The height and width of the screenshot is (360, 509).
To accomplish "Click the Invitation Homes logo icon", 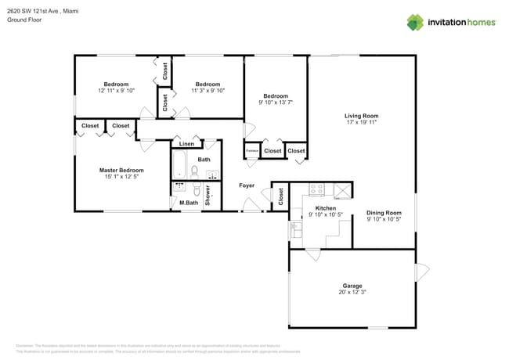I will [x=415, y=22].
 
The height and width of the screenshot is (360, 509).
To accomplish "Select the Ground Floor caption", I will [x=23, y=20].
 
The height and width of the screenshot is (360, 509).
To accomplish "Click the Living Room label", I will [x=361, y=116].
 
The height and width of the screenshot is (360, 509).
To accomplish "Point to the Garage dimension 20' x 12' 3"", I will [x=352, y=292].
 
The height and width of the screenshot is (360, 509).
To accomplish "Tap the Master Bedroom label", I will [x=121, y=170].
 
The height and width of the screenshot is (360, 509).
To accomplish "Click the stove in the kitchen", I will [x=317, y=189].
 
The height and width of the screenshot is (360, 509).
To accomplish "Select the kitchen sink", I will [x=296, y=229].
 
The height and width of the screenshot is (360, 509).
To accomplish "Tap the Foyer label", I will [x=247, y=185].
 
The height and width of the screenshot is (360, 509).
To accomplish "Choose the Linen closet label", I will [x=186, y=144].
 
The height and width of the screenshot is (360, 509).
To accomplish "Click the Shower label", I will [x=208, y=195].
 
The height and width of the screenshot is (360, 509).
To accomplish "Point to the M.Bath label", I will [x=188, y=203].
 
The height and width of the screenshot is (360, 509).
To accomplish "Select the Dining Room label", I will [x=384, y=213].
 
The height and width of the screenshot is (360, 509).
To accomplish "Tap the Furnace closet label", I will [x=252, y=151].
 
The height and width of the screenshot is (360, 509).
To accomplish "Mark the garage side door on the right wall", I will [x=422, y=272].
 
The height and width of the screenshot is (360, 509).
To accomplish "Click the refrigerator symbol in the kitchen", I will [x=342, y=189].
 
